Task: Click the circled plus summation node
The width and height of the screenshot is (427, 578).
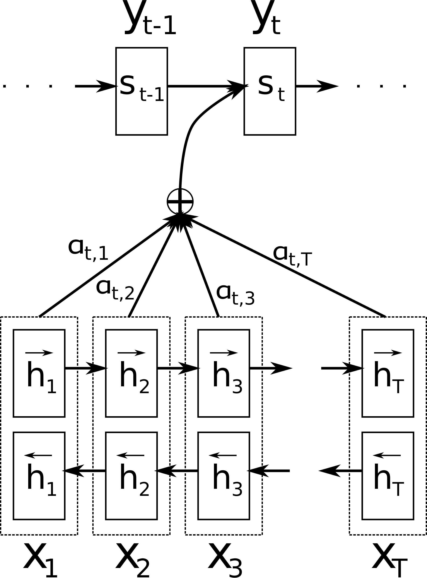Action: click(x=180, y=201)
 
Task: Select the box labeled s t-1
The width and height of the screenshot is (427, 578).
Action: click(x=141, y=91)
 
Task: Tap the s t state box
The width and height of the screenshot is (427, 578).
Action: click(x=270, y=91)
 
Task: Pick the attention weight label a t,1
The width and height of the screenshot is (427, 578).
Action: click(x=88, y=249)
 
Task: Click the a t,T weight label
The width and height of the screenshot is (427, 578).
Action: click(x=292, y=256)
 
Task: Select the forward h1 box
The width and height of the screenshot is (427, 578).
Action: click(x=39, y=373)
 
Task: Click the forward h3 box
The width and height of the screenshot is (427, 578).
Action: click(x=224, y=373)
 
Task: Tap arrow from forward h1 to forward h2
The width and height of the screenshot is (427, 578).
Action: click(x=85, y=368)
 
